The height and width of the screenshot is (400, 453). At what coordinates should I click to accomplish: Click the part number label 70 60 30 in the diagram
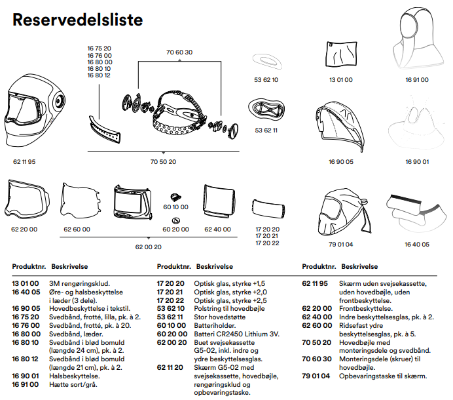179,52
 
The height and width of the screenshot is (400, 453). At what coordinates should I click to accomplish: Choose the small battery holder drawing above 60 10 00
175,196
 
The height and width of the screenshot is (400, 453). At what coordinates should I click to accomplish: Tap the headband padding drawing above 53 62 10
266,62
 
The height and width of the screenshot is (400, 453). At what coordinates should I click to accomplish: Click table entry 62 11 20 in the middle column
170,368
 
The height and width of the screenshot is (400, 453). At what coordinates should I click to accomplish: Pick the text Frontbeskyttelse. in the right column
367,308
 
